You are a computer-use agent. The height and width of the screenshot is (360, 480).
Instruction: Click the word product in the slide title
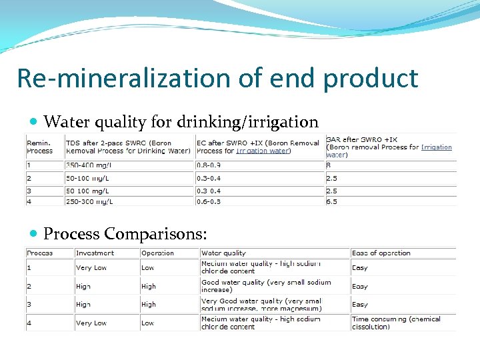click(371, 79)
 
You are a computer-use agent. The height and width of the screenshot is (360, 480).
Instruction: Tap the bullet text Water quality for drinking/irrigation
click(181, 122)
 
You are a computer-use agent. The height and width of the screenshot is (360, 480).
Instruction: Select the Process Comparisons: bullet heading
click(125, 234)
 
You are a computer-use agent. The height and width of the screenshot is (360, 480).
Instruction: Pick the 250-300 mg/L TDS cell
click(89, 201)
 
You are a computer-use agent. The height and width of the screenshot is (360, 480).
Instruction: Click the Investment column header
click(95, 253)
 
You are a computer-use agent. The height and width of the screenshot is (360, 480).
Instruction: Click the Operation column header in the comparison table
click(157, 253)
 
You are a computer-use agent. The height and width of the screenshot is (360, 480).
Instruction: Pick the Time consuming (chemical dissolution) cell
click(396, 323)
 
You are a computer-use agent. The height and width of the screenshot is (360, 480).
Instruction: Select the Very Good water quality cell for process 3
click(261, 305)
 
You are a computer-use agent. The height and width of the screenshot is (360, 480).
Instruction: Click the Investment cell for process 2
click(83, 286)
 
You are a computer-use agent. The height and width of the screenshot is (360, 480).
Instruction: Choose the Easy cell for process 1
click(360, 268)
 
